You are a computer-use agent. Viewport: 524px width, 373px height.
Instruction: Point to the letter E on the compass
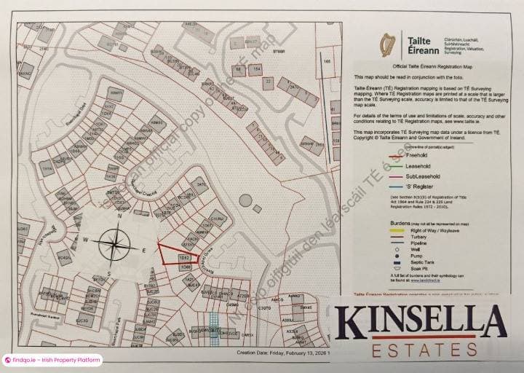(x=144, y=250)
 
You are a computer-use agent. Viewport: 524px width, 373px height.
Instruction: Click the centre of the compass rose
(x=115, y=245)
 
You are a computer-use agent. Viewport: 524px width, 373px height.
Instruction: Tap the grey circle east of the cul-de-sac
(x=245, y=200)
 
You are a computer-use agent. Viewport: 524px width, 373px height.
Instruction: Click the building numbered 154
(x=256, y=69)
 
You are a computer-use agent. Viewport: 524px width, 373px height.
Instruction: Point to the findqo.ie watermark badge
(x=51, y=360)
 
